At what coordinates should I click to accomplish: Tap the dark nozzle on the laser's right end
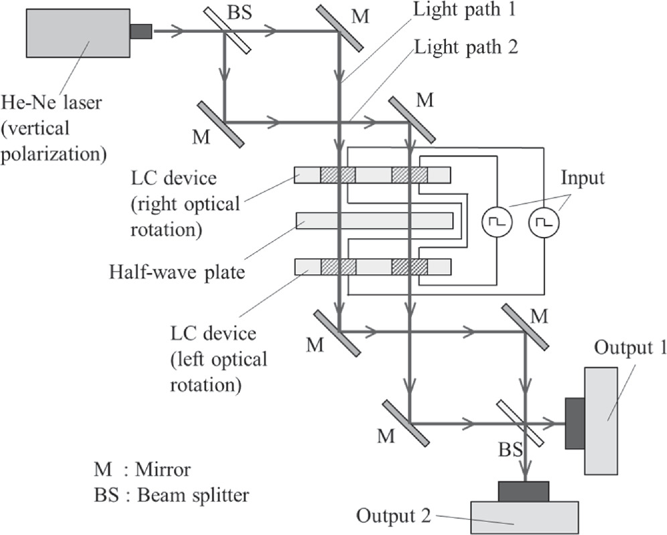(141, 31)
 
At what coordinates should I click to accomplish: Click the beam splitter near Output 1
(520, 422)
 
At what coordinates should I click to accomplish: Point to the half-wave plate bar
(374, 220)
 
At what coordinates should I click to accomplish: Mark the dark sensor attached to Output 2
(524, 491)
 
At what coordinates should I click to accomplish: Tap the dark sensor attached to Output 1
(575, 423)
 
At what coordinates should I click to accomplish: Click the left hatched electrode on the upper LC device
(338, 175)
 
